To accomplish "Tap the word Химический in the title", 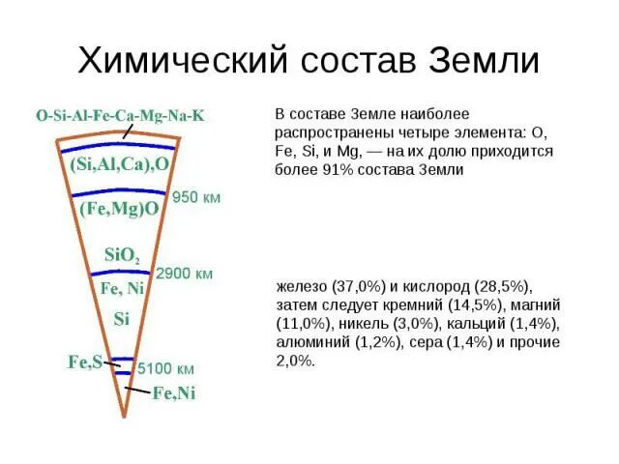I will [181, 60].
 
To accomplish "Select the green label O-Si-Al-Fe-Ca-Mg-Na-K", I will [120, 116].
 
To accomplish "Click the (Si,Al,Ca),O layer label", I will [120, 164].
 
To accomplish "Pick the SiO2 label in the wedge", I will [123, 256].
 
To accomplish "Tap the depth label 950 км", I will [196, 197].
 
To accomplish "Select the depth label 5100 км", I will [165, 368].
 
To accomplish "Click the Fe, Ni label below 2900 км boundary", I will [121, 288].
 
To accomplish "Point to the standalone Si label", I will [121, 318].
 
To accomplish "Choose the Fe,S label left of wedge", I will [84, 362].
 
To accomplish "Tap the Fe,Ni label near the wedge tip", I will [174, 392].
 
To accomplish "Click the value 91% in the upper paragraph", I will [336, 169].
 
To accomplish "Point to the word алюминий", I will [309, 342].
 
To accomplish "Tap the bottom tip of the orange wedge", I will [124, 416].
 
